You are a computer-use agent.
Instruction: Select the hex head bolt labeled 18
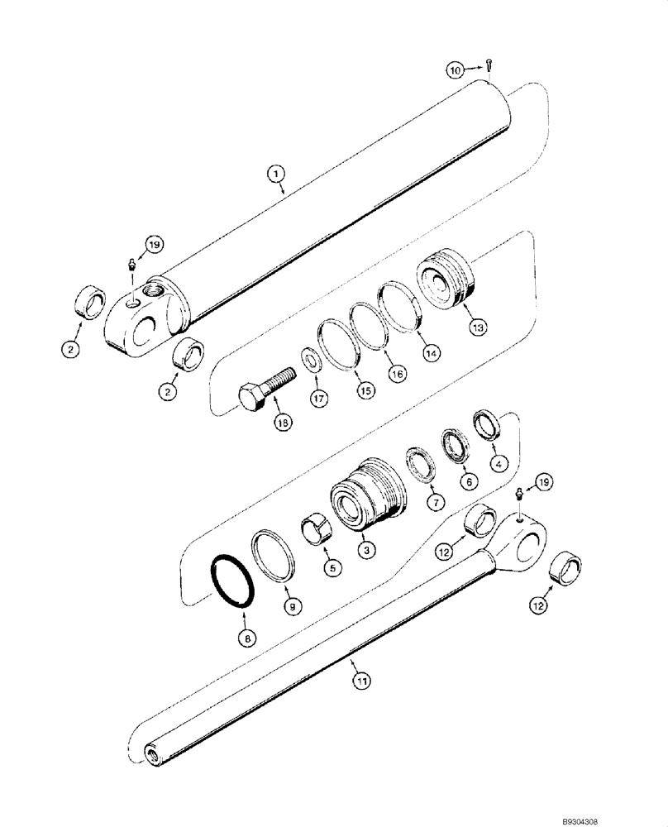265,390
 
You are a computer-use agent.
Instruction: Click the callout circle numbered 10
456,71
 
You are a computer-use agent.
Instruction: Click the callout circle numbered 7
436,502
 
